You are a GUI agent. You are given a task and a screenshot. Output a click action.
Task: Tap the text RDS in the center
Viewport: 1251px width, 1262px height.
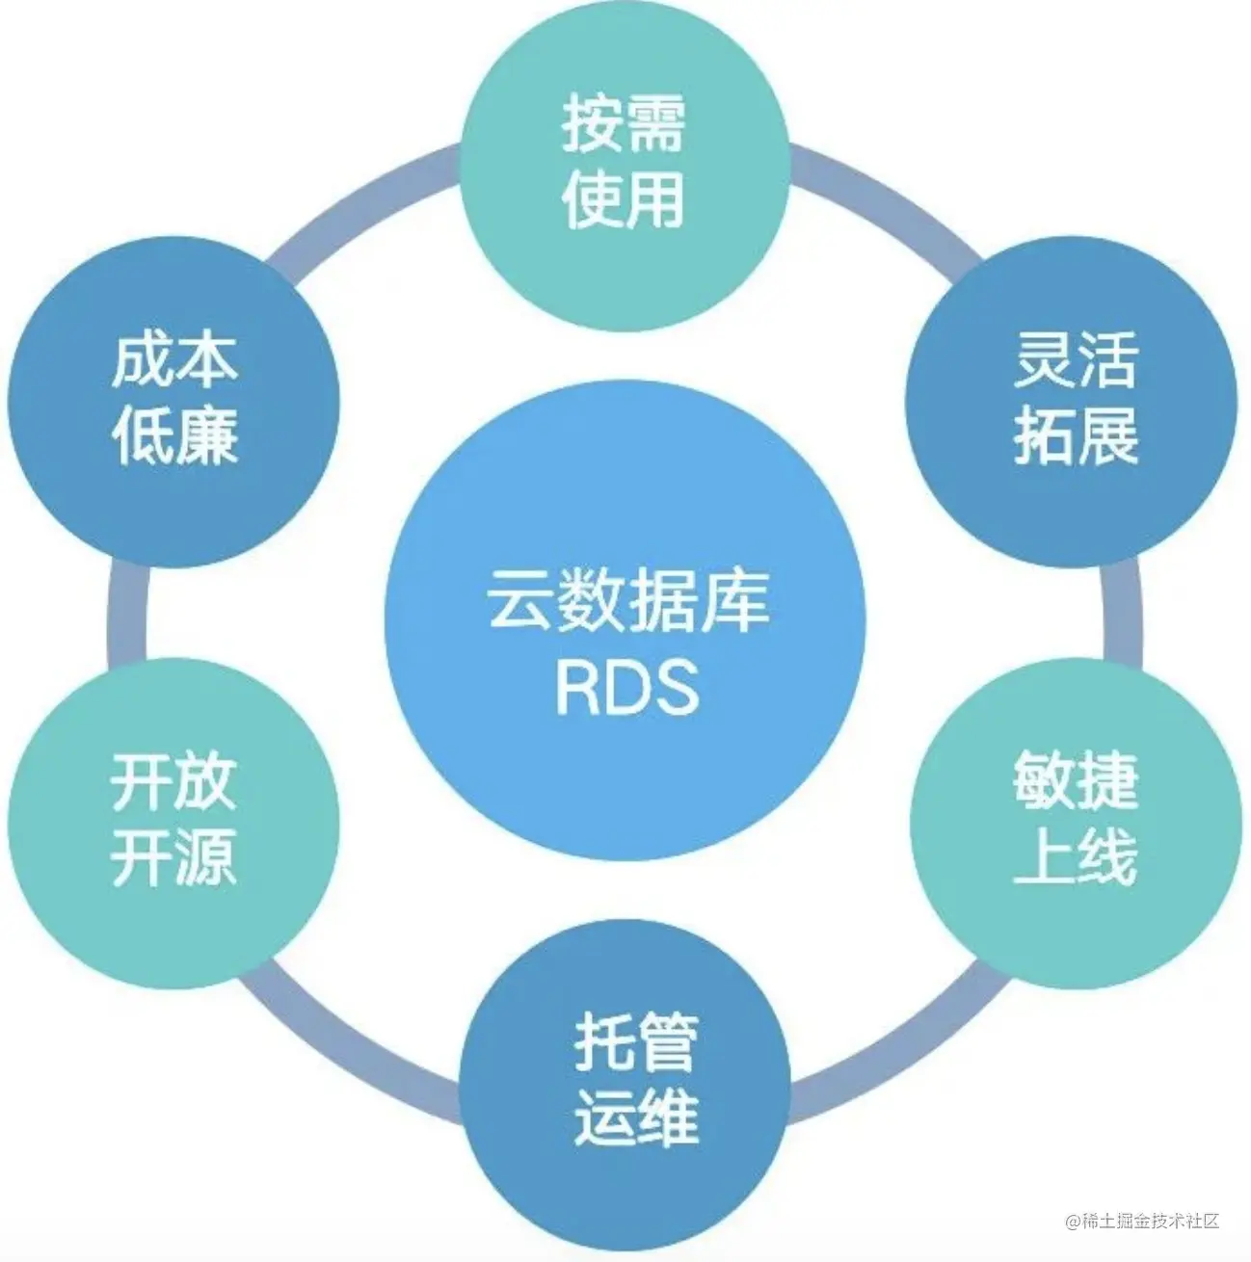pyautogui.click(x=627, y=687)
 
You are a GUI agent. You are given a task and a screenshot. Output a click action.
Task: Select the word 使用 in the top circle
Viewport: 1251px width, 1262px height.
pyautogui.click(x=624, y=200)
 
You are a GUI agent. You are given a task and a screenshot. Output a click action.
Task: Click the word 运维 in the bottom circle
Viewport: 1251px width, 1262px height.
pyautogui.click(x=636, y=1117)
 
